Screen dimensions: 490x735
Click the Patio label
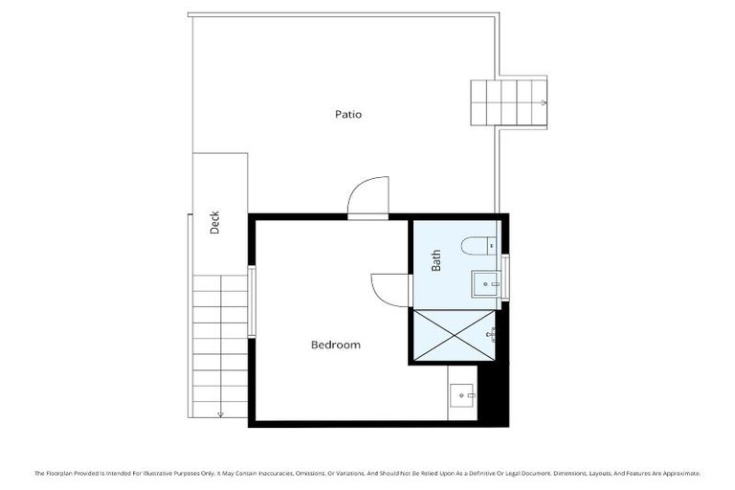click(348, 114)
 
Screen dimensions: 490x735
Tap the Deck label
click(215, 222)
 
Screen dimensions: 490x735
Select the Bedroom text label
click(336, 345)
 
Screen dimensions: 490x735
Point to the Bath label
click(436, 260)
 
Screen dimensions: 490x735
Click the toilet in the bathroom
click(478, 247)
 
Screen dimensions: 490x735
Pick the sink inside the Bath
click(485, 283)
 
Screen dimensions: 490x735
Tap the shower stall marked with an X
click(454, 334)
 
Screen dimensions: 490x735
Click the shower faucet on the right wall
click(493, 334)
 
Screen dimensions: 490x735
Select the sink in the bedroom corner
click(464, 394)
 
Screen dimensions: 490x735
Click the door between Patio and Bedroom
click(368, 198)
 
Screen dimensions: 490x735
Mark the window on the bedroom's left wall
click(252, 301)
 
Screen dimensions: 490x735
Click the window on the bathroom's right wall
click(505, 277)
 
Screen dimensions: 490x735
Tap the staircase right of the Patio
click(508, 102)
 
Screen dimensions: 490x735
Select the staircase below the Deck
click(220, 345)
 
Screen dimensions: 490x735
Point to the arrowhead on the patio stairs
click(544, 102)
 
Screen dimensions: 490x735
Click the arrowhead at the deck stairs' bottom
click(220, 413)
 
